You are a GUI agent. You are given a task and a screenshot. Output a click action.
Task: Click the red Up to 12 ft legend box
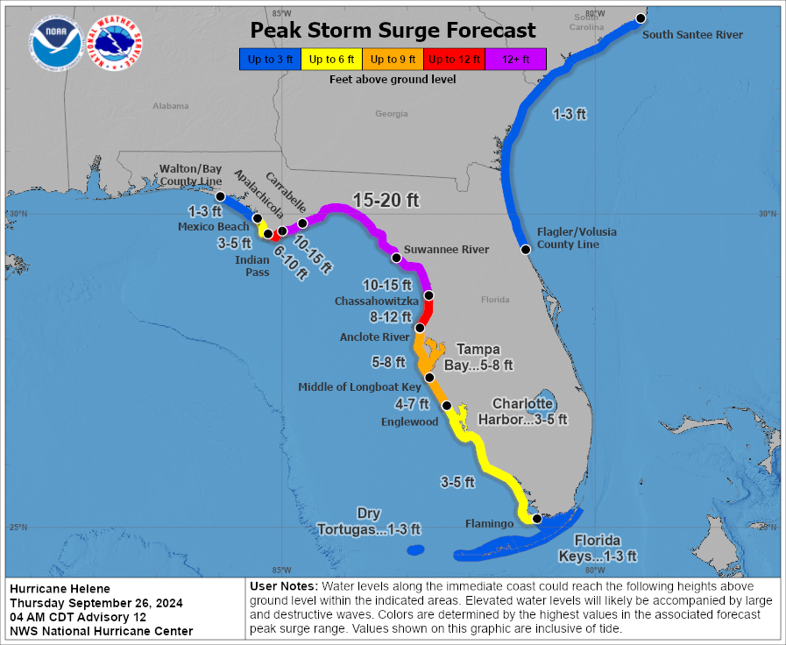pyautogui.click(x=453, y=60)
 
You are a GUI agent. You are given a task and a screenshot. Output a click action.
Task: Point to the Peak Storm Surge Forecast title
pyautogui.click(x=393, y=31)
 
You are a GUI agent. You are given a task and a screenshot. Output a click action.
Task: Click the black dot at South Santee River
pyautogui.click(x=641, y=18)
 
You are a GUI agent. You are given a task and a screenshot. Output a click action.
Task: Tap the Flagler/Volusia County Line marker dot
pyautogui.click(x=526, y=249)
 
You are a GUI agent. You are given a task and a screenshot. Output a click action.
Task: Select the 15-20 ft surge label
pyautogui.click(x=386, y=201)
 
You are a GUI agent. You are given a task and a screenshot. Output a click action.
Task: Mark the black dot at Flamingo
pyautogui.click(x=537, y=519)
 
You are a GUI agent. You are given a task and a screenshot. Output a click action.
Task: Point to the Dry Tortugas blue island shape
pyautogui.click(x=414, y=550)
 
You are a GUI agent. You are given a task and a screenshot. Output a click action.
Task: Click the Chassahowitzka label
pyautogui.click(x=376, y=301)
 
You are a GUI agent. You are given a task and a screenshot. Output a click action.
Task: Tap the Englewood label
pyautogui.click(x=410, y=422)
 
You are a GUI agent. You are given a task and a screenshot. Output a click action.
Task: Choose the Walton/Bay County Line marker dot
pyautogui.click(x=220, y=196)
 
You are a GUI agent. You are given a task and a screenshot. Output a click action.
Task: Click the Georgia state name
pyautogui.click(x=392, y=114)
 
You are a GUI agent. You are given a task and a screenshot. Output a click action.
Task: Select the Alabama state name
pyautogui.click(x=171, y=106)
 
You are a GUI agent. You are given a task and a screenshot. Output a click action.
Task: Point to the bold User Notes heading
pyautogui.click(x=284, y=585)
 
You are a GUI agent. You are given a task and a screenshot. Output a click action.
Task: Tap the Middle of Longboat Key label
pyautogui.click(x=359, y=386)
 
